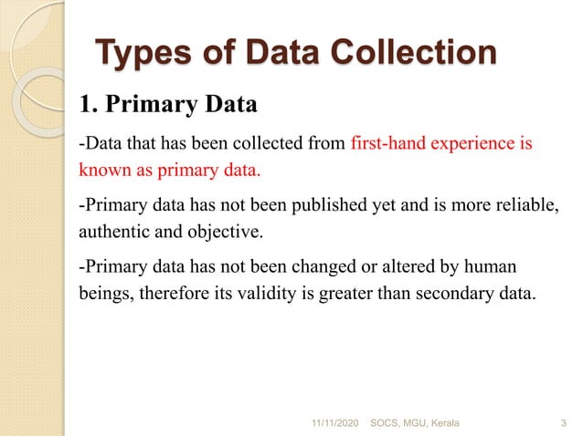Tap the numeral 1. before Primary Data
coord(89,104)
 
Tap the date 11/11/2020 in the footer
coord(336,424)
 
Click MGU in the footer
coord(419,424)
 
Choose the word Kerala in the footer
coord(448,424)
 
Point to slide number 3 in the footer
coord(561,424)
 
